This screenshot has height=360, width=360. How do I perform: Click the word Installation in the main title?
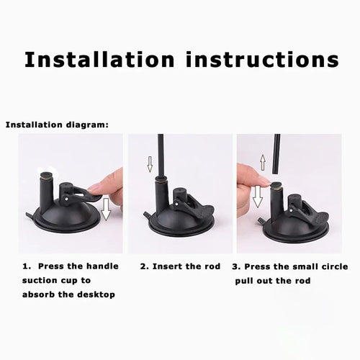click(99, 59)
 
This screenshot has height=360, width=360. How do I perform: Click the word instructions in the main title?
click(262, 59)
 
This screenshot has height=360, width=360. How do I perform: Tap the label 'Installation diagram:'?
click(57, 125)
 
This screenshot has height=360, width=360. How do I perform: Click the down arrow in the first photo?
click(106, 210)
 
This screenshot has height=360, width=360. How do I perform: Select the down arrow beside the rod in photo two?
click(150, 164)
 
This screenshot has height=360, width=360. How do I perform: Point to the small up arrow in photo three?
click(263, 163)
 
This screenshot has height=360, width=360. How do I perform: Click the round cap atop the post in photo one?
click(45, 175)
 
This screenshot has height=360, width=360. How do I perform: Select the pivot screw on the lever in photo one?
click(66, 199)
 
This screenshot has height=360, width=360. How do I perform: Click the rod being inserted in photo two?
click(161, 156)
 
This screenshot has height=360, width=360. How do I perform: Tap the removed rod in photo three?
click(277, 154)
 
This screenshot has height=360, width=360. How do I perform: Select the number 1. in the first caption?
click(27, 266)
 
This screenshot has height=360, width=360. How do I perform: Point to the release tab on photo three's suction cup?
click(261, 220)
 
